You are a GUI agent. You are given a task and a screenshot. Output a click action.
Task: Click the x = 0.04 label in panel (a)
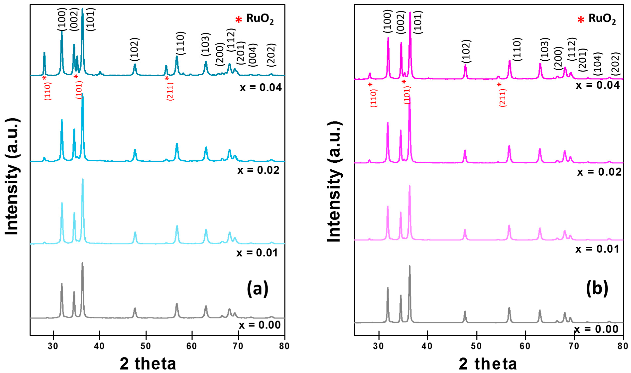coord(260,87)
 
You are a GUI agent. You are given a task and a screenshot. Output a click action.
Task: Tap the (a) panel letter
coord(257,289)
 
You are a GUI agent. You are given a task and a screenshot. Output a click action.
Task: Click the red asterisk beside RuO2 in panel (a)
coord(238,20)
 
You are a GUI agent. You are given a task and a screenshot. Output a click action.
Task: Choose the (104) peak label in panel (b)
coord(598,64)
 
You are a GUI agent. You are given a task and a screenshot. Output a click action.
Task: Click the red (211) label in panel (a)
coord(170,91)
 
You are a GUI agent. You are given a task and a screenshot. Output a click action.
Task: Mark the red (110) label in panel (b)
coord(374,98)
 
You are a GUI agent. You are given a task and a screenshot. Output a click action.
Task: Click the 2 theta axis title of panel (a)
coord(148,364)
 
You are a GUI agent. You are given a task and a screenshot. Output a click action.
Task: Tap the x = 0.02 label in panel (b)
coord(599,172)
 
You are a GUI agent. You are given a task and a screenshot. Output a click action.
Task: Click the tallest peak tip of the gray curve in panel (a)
coord(82,263)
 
